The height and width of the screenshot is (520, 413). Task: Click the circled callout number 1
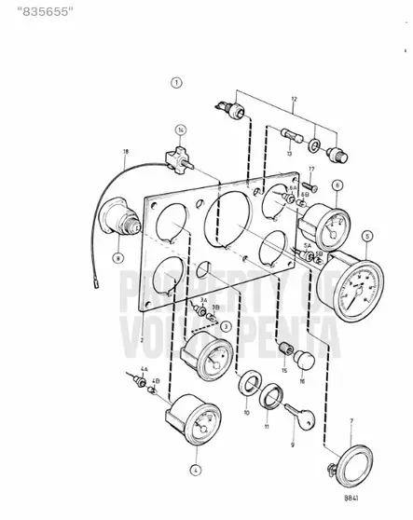coord(176,83)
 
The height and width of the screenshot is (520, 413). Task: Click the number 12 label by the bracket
coord(295,98)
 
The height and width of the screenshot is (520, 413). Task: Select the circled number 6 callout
coord(337,185)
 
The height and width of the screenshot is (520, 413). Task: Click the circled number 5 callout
coord(367,236)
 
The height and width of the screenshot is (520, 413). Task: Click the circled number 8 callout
coord(118,256)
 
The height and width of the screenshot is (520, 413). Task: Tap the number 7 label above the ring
coord(351,422)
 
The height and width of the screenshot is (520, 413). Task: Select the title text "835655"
coord(37,12)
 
